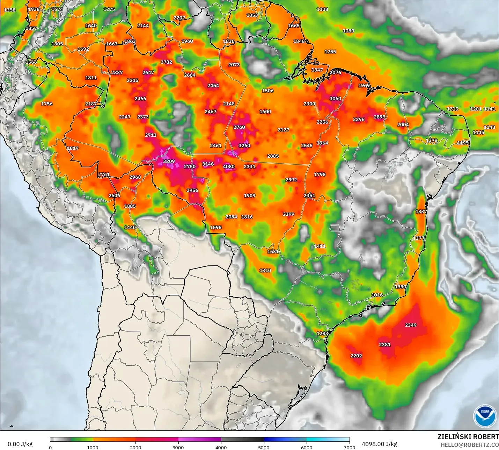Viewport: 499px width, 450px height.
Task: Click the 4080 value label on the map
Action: (229, 166)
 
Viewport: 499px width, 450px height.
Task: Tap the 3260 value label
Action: (244, 145)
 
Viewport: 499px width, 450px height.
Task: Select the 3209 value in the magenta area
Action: (169, 161)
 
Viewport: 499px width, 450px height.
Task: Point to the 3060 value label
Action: (335, 99)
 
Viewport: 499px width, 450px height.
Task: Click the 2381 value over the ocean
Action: (385, 344)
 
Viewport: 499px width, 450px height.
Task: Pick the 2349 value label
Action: (411, 325)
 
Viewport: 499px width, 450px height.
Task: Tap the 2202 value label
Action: (356, 356)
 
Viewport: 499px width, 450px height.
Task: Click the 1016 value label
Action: (377, 295)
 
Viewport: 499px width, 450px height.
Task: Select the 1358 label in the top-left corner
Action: (10, 10)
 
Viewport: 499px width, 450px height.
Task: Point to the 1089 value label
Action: (348, 31)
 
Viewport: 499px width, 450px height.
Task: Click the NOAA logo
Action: (485, 416)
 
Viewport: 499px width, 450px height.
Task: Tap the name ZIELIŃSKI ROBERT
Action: (468, 437)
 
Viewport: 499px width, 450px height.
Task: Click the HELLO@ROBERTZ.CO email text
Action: (470, 445)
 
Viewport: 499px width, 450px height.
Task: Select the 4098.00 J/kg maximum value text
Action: (379, 444)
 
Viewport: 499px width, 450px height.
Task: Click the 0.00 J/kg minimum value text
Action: (20, 444)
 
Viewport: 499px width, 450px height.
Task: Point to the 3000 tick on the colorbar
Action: (178, 447)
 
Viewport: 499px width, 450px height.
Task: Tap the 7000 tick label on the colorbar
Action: (349, 447)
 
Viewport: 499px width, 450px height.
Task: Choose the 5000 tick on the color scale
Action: (264, 447)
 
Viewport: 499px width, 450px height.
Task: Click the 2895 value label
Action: (380, 117)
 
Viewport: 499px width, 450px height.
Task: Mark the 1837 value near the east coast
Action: (421, 211)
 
